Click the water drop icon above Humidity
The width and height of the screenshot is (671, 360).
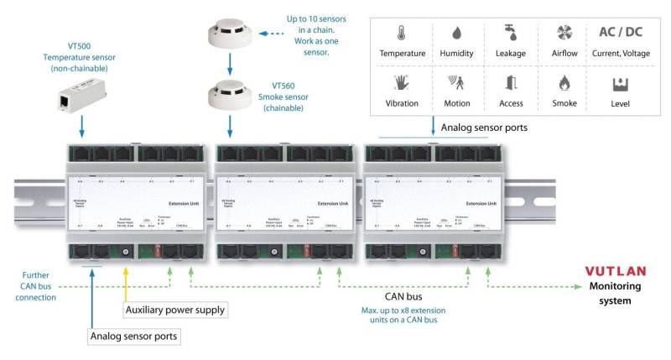[456, 34]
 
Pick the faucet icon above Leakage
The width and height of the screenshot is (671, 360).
[509, 34]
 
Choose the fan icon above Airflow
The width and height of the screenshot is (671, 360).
[564, 34]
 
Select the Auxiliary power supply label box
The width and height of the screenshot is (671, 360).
[174, 310]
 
